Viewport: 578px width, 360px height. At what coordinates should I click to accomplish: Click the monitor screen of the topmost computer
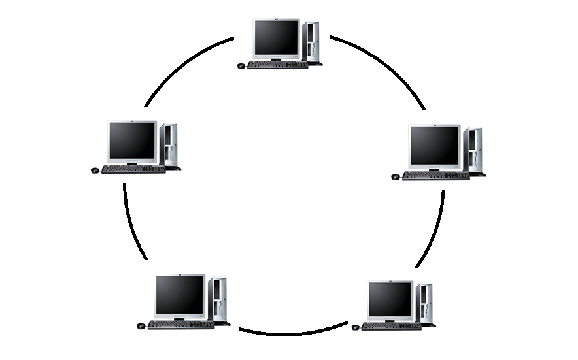276,37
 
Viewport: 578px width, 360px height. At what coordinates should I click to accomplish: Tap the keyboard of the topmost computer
277,65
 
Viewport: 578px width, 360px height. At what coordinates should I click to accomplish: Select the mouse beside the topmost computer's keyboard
241,66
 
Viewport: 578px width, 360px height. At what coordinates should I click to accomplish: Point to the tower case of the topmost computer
312,42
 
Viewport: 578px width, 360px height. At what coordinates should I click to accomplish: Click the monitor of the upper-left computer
131,140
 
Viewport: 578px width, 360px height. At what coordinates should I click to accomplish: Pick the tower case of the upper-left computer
169,145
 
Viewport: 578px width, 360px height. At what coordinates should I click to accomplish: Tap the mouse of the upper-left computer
95,171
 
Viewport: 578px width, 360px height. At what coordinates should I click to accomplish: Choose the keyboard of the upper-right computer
435,176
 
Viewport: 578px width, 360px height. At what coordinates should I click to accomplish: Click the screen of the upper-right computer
434,145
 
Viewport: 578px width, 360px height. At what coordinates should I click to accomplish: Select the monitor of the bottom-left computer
179,295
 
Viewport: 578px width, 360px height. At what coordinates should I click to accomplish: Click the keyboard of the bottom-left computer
180,325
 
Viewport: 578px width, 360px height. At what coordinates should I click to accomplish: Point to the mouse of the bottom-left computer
141,326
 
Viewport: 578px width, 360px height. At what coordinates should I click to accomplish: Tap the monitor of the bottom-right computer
390,299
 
